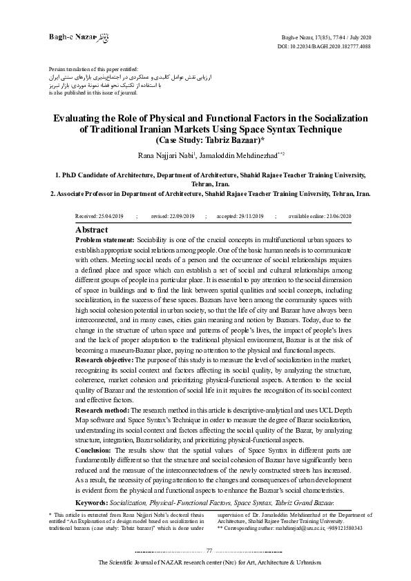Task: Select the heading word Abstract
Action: tap(91, 229)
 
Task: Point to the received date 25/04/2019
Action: tap(111, 217)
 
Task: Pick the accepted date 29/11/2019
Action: tap(247, 217)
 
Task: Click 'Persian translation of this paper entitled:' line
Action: tap(93, 70)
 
